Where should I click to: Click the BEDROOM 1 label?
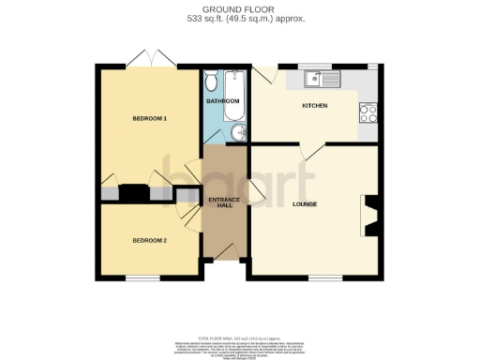point(150,119)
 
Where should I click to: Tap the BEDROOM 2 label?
point(149,241)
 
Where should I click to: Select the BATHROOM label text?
point(223,100)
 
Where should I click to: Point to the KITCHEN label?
point(315,106)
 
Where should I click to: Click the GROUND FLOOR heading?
point(240,9)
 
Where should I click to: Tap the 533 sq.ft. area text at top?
point(240,19)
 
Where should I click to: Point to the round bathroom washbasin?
point(237,132)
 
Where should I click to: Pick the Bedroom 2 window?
point(143,278)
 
